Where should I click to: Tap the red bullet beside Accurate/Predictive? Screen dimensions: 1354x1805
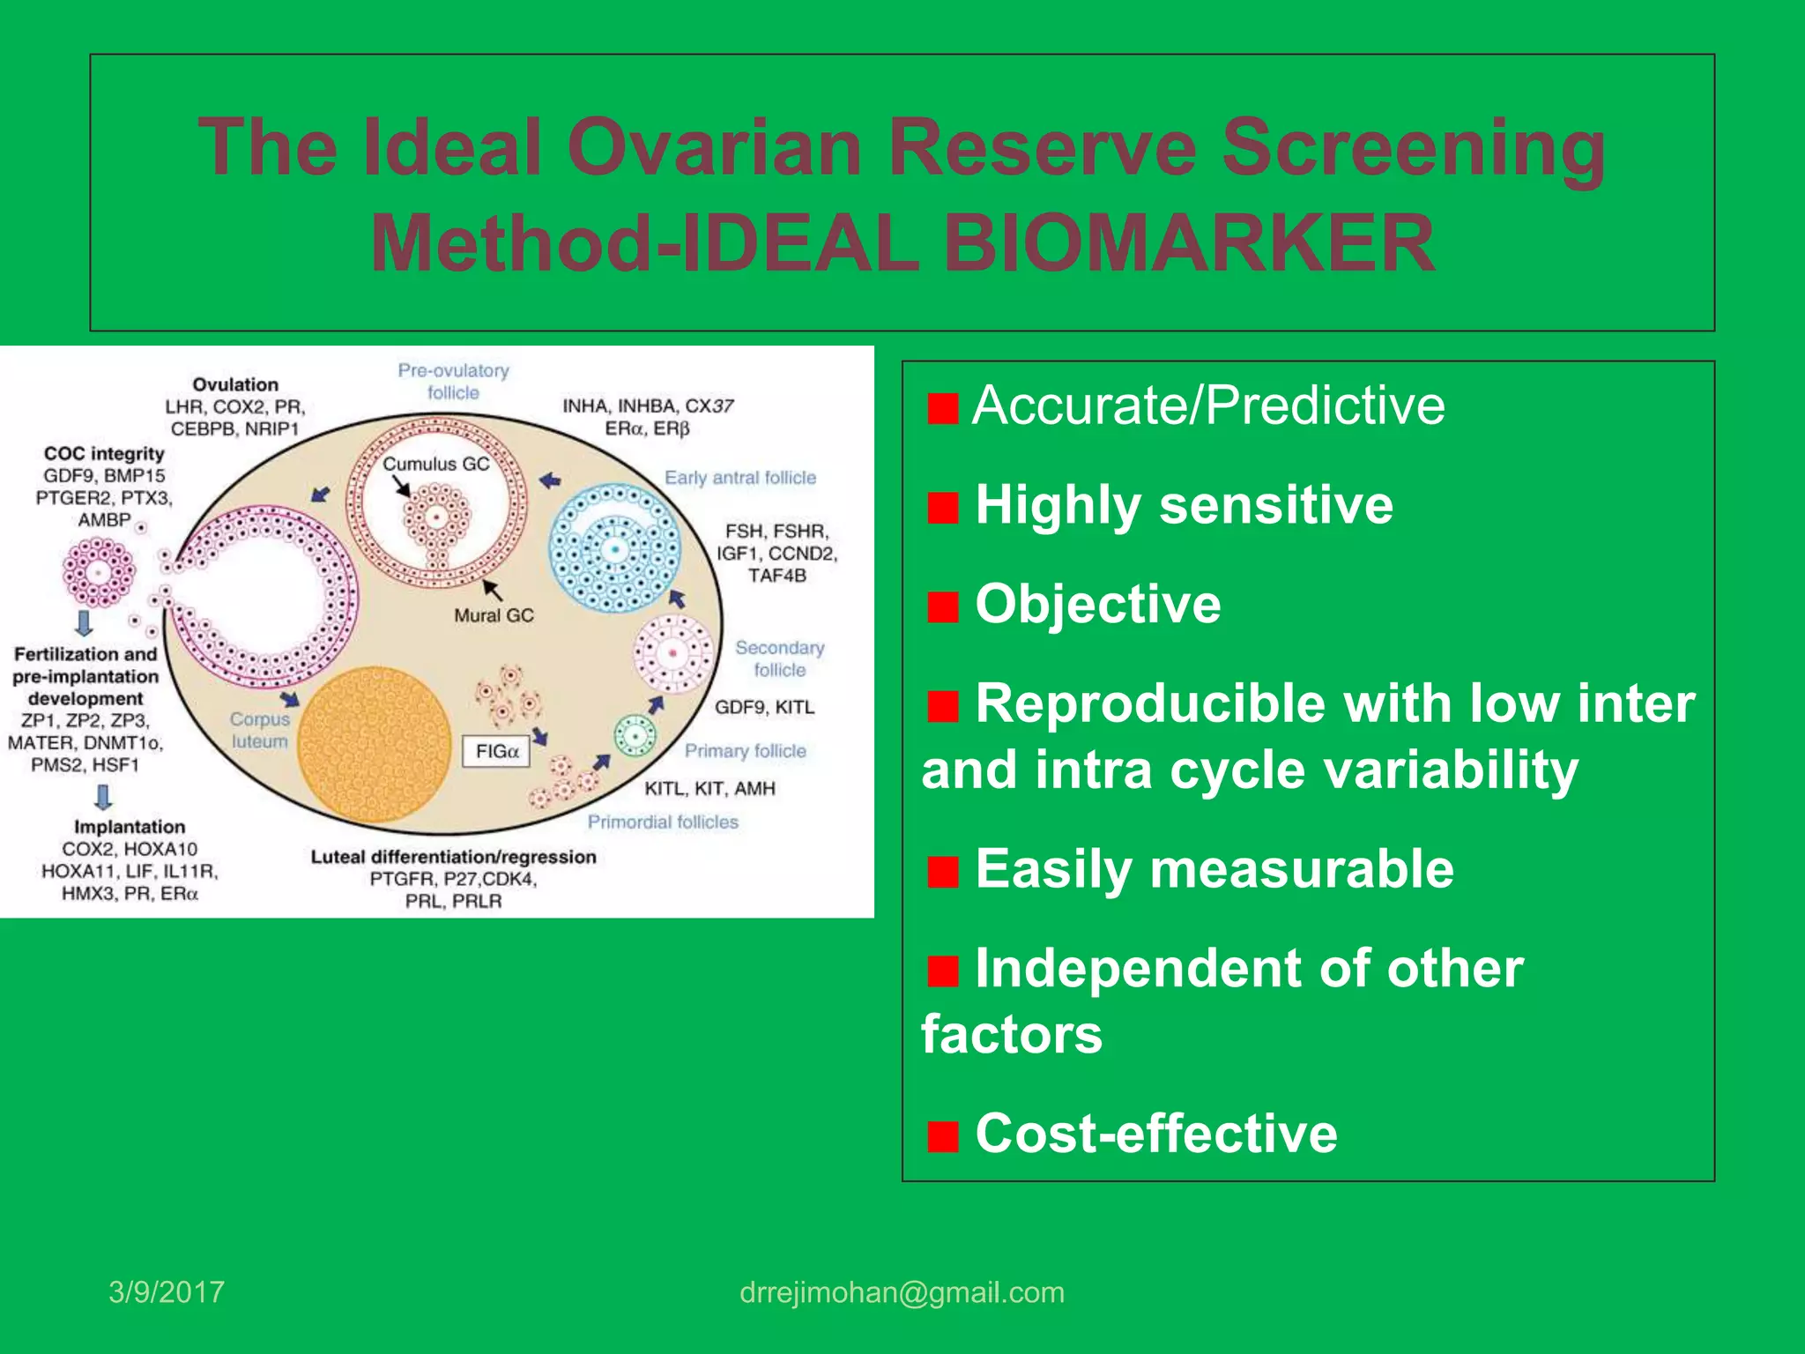942,408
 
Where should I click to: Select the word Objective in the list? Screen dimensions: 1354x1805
1097,605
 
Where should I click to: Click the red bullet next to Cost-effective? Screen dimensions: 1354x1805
942,1136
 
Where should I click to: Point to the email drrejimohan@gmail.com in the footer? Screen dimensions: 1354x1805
902,1292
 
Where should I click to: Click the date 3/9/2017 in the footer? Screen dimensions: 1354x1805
167,1292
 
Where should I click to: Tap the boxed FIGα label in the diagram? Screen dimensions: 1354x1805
496,751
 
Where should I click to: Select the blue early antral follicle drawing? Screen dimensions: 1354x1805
615,549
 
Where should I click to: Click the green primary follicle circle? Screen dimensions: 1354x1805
635,735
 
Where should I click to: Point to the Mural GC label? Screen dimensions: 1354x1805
494,615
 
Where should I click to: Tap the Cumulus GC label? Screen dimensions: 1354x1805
435,464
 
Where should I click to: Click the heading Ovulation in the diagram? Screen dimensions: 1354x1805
235,384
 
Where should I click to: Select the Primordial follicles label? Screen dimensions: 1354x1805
663,822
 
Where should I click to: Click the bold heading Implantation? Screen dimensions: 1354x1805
130,827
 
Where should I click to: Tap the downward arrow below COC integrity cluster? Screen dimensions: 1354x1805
85,623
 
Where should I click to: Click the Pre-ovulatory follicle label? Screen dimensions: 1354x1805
453,381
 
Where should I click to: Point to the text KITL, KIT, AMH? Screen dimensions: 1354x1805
709,788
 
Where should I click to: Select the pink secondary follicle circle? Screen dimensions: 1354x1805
673,653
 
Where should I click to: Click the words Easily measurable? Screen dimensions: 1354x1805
1214,869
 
